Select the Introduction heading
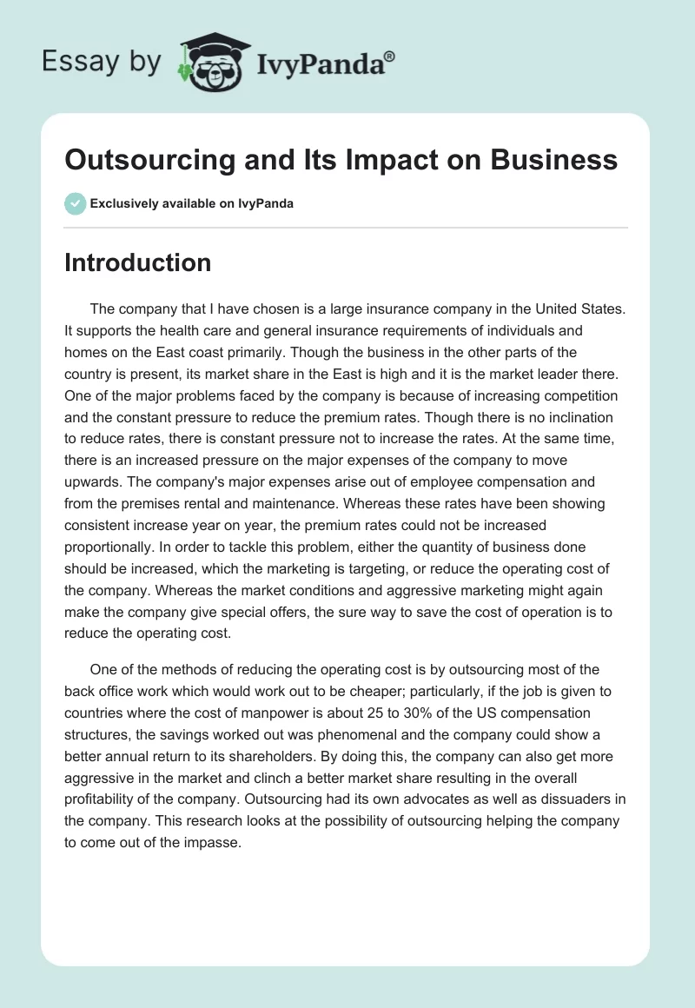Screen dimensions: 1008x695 pyautogui.click(x=137, y=262)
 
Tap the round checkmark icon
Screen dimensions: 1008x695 pyautogui.click(x=75, y=203)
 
